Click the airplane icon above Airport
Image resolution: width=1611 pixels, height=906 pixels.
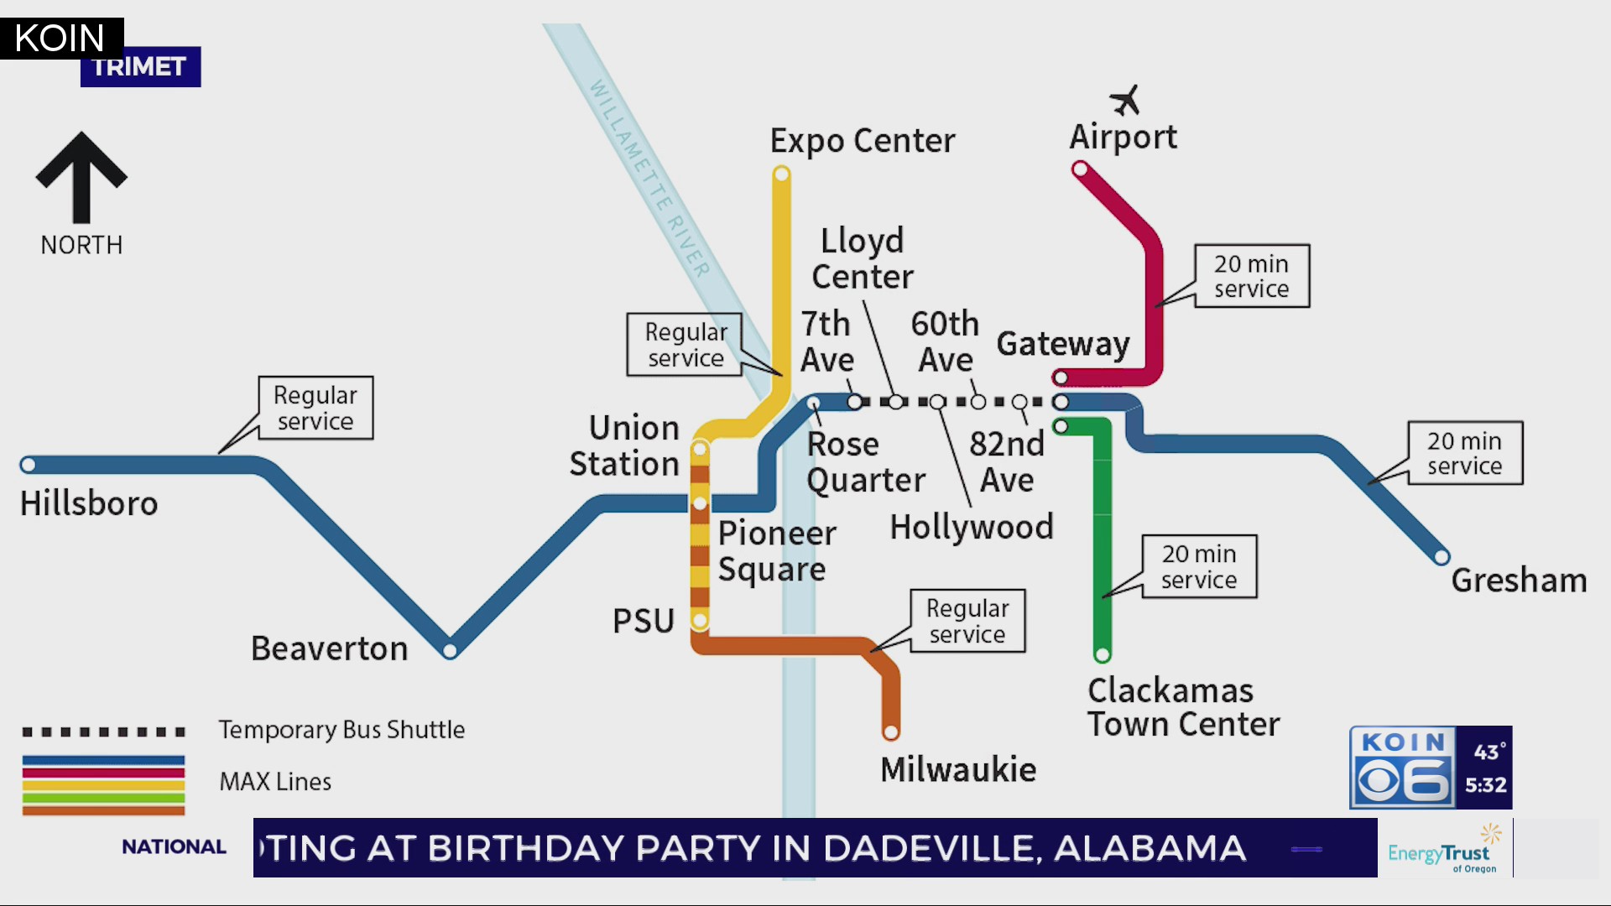point(1125,100)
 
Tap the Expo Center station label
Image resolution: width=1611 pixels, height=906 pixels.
point(863,141)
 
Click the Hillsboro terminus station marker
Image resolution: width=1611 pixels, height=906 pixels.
point(28,465)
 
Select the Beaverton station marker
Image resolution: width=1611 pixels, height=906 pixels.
point(450,651)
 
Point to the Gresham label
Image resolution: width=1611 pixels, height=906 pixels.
point(1519,581)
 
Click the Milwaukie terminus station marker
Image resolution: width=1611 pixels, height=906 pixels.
point(891,732)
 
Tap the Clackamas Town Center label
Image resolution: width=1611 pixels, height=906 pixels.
point(1183,707)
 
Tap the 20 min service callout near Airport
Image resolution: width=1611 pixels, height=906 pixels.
point(1251,276)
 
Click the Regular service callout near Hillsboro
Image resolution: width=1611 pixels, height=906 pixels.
point(315,408)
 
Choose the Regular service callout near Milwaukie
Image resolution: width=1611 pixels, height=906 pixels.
point(967,621)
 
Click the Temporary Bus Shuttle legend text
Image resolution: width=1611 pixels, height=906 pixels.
point(341,730)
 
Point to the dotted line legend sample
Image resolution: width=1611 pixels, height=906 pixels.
point(103,732)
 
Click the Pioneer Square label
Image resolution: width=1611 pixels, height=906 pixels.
point(776,551)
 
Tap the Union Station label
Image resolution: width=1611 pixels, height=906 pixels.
point(624,445)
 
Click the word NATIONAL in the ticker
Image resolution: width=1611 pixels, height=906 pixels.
point(174,847)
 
